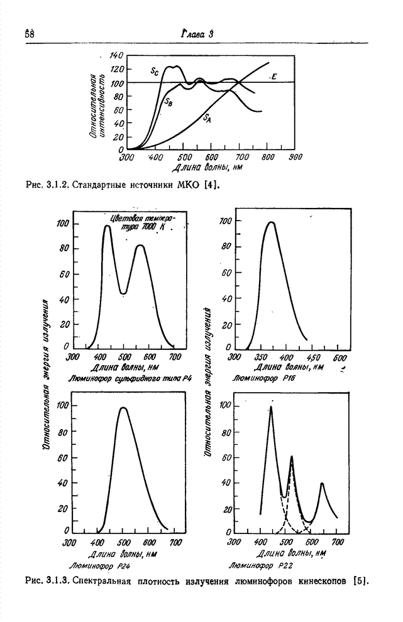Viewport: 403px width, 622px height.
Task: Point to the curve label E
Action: [275, 77]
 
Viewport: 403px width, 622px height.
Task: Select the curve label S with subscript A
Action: [207, 117]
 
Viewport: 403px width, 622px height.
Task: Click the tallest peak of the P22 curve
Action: [271, 407]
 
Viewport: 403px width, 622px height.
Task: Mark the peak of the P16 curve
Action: [271, 222]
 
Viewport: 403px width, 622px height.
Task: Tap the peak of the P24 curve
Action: [123, 408]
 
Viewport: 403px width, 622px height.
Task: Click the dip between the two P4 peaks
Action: [124, 293]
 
